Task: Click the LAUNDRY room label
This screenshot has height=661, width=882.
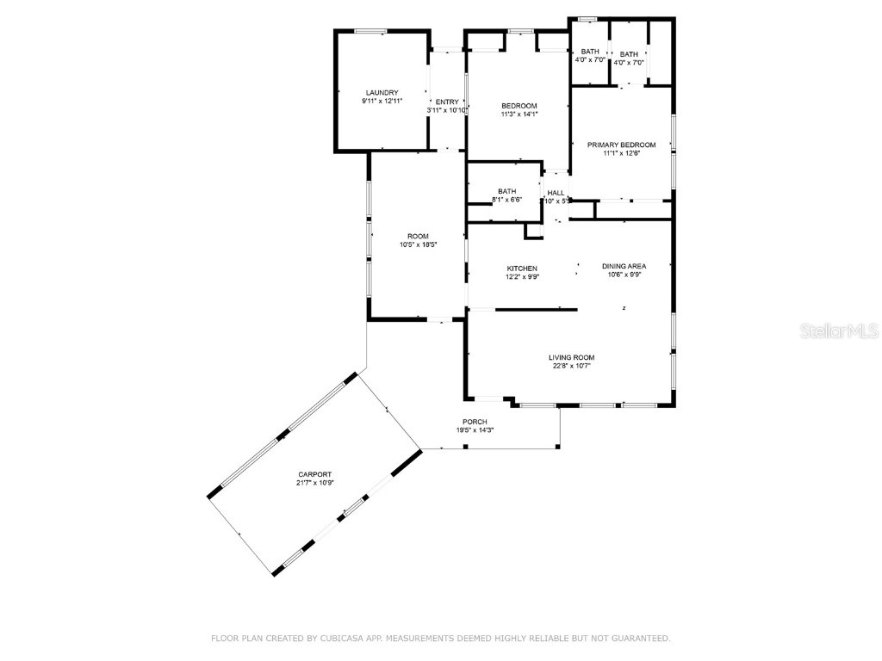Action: [x=382, y=93]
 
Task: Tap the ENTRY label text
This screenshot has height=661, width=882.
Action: [x=447, y=102]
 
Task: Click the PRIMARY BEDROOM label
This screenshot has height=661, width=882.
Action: [x=621, y=145]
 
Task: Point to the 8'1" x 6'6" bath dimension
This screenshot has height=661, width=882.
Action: [x=506, y=200]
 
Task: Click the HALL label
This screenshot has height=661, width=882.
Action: [x=556, y=193]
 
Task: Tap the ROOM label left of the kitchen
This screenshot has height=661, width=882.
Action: [x=418, y=237]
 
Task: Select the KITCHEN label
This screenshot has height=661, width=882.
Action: [x=522, y=269]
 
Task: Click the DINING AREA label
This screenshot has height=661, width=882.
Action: [x=624, y=266]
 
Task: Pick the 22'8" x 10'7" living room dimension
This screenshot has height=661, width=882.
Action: [x=572, y=366]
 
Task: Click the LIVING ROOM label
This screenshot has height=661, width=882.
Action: [x=572, y=357]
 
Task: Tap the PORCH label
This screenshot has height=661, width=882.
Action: [x=475, y=422]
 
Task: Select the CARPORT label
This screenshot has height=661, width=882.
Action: [x=314, y=474]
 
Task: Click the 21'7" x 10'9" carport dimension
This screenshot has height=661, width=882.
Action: [x=314, y=483]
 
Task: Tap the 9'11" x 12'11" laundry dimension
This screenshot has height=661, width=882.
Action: [x=382, y=102]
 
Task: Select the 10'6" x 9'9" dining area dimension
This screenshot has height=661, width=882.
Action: [x=624, y=275]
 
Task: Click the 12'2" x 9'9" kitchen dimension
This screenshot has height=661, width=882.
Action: [x=522, y=277]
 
